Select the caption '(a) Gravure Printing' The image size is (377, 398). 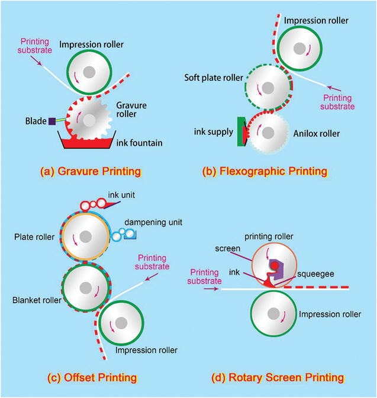90,172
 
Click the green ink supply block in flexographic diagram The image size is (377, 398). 242,131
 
